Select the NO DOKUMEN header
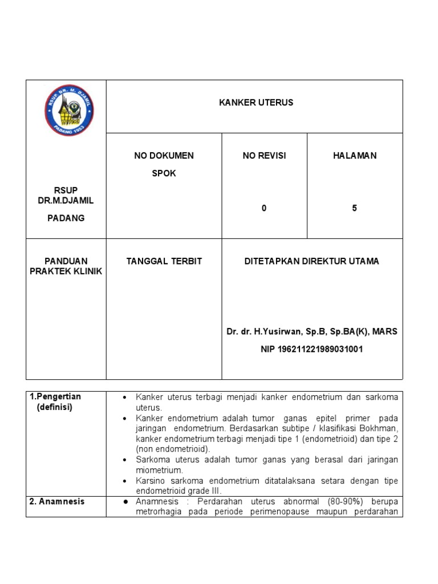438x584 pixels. click(x=164, y=156)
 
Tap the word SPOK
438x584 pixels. click(x=164, y=173)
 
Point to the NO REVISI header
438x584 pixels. click(x=264, y=156)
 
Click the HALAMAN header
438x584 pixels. click(x=355, y=156)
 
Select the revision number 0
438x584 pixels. click(x=264, y=208)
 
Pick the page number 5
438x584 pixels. click(x=354, y=208)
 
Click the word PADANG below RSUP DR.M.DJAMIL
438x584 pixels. click(x=66, y=218)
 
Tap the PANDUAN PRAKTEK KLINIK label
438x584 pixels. click(x=66, y=266)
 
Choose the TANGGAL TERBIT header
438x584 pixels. click(x=164, y=261)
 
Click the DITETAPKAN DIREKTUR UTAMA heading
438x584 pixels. click(x=311, y=261)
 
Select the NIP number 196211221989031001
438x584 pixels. click(x=311, y=349)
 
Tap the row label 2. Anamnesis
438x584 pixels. click(x=57, y=501)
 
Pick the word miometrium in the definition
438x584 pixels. click(x=159, y=470)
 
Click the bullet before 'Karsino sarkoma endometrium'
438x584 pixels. click(x=124, y=481)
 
